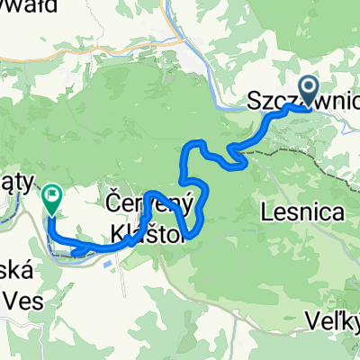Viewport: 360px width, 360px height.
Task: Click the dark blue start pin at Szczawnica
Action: point(308,89)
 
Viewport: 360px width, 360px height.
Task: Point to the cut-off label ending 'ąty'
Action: point(18,181)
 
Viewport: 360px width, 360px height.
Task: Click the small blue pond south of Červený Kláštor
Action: point(109,265)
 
